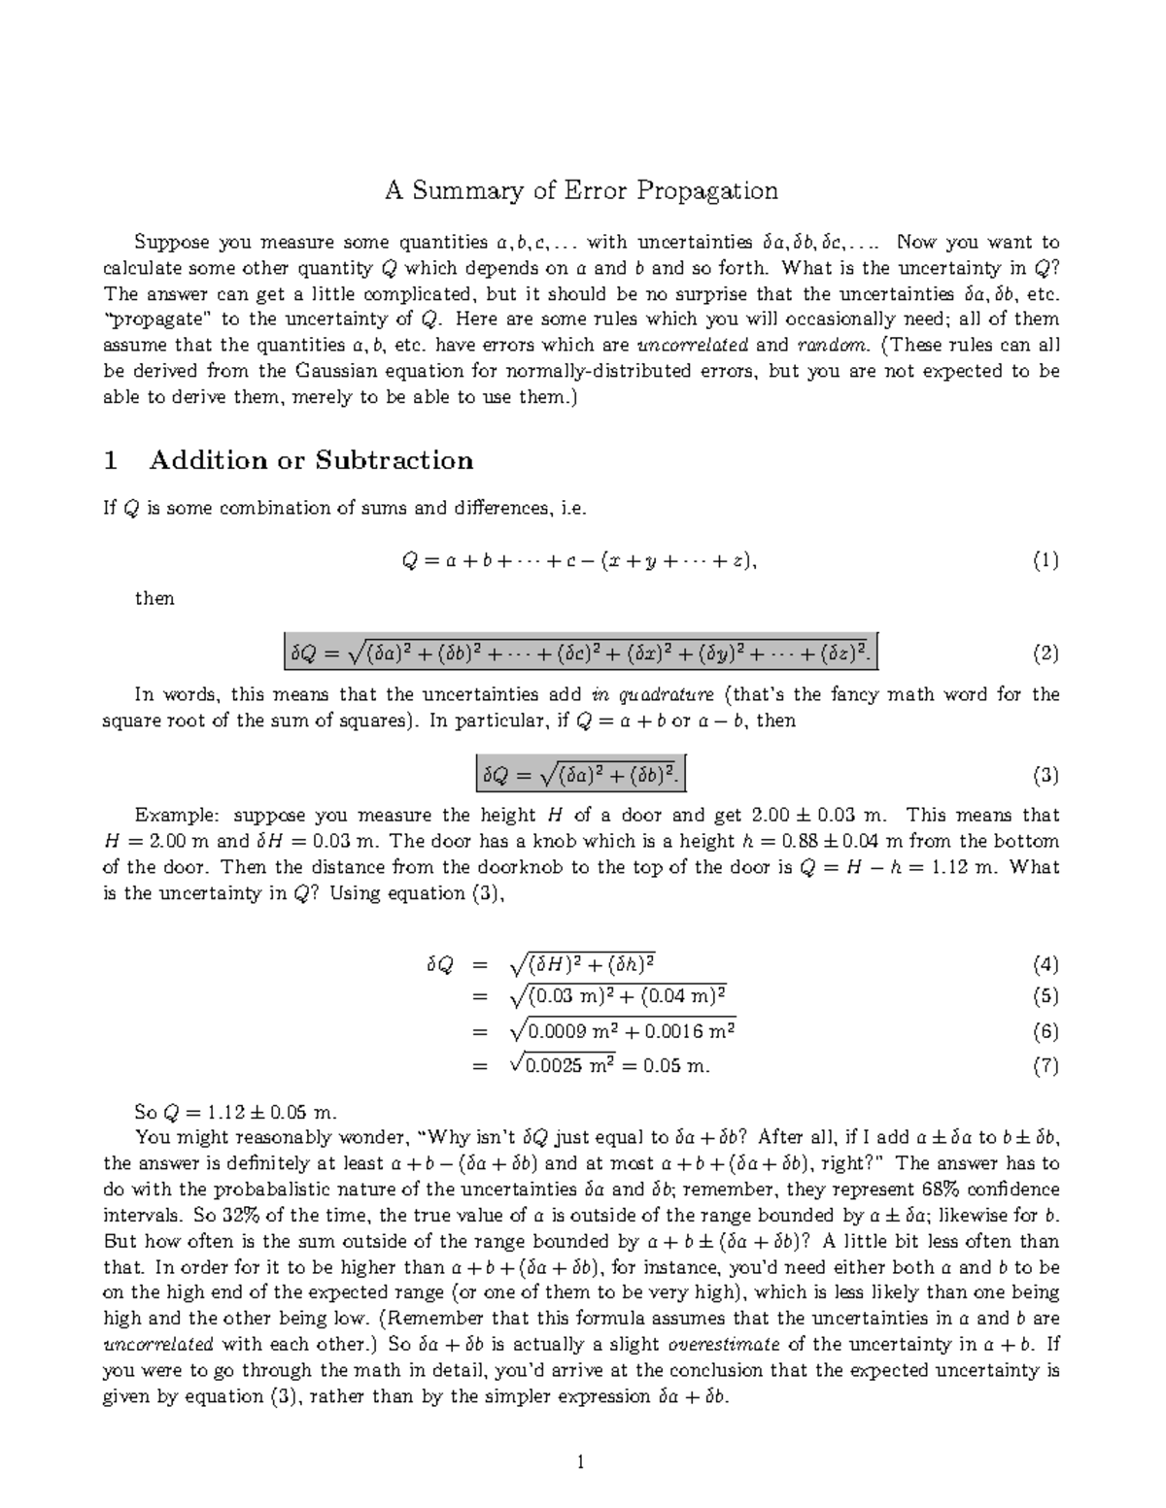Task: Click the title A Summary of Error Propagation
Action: pyautogui.click(x=581, y=190)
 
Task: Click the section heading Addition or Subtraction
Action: pyautogui.click(x=311, y=460)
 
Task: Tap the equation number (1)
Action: pyautogui.click(x=1046, y=560)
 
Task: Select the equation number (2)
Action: pyautogui.click(x=1046, y=653)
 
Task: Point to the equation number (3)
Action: pyautogui.click(x=1046, y=775)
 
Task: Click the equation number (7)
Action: pyautogui.click(x=1046, y=1066)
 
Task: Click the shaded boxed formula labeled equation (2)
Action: pyautogui.click(x=581, y=653)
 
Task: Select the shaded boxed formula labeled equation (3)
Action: pyautogui.click(x=581, y=775)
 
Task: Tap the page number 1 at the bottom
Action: pyautogui.click(x=580, y=1462)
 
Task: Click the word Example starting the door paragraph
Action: pyautogui.click(x=169, y=816)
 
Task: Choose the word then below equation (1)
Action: pyautogui.click(x=154, y=599)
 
